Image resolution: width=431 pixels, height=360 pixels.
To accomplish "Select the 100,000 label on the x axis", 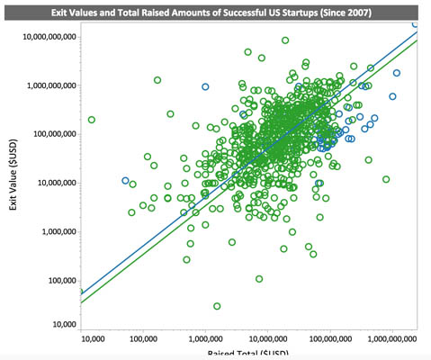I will pyautogui.click(x=144, y=341).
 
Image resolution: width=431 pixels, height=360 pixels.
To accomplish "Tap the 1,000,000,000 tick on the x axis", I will pyautogui.click(x=390, y=341).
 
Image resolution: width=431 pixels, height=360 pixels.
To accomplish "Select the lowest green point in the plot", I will pyautogui.click(x=217, y=307).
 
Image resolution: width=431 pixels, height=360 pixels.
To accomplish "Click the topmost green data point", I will pyautogui.click(x=285, y=40).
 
